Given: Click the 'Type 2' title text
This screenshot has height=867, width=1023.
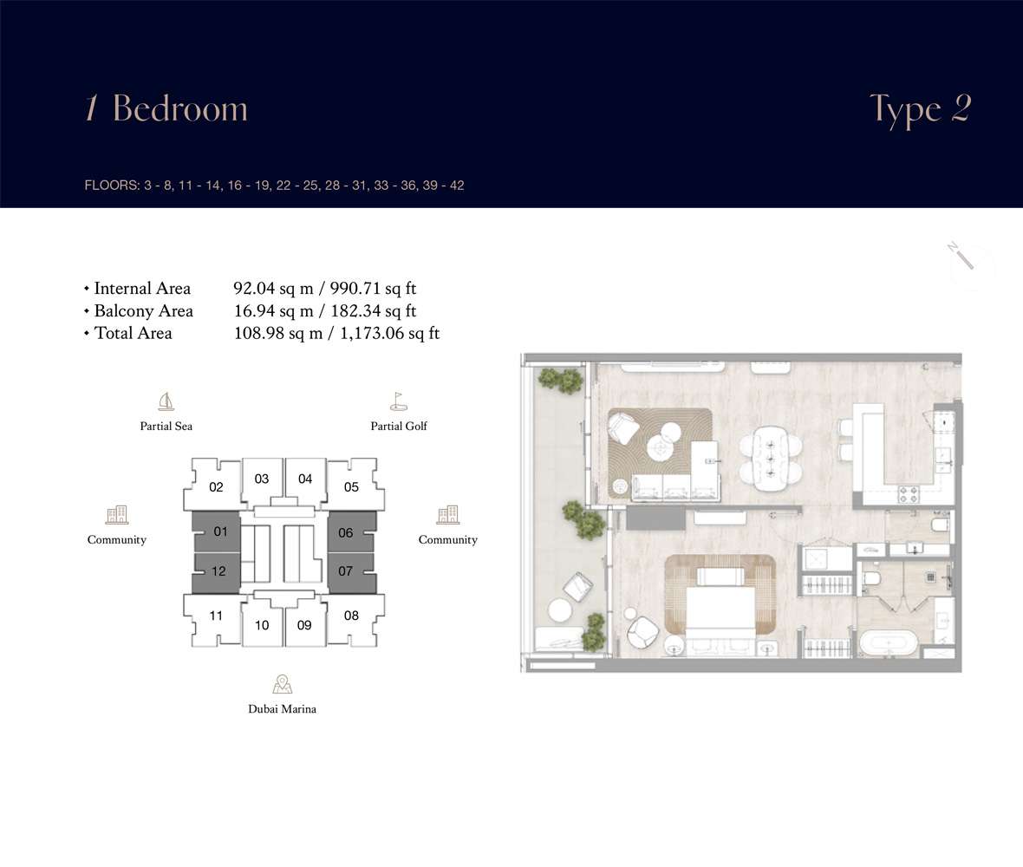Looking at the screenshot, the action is point(921,109).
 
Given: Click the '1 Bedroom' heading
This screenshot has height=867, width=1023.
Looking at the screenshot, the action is point(166,108).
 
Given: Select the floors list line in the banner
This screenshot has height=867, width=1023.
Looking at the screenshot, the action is point(274,186).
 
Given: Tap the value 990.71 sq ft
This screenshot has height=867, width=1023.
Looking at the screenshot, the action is point(373,289).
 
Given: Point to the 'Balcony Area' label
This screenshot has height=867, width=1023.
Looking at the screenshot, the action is point(144,311).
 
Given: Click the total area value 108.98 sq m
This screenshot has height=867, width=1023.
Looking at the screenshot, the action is point(278,333).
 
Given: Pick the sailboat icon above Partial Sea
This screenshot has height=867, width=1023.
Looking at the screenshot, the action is point(166,401).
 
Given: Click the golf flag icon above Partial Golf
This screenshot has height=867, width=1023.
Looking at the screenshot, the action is point(399,401).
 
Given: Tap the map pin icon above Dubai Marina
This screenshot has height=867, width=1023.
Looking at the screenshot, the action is point(282,684).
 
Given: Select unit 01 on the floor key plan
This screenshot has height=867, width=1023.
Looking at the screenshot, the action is point(217,531).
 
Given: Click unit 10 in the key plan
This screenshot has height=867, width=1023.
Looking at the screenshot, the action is point(263,625).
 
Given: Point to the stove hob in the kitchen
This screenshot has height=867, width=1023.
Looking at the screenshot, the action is point(909,494).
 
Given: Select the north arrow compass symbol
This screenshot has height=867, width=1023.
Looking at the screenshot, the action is point(961,256).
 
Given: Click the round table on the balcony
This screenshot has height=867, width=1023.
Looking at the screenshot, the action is point(560,610).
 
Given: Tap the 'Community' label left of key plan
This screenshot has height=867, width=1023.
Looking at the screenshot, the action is point(117,539).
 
